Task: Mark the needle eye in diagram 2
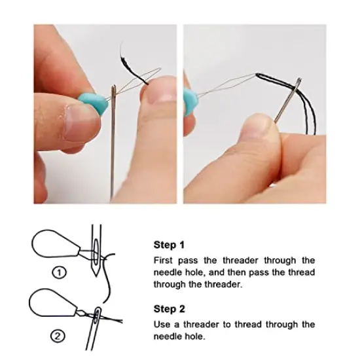click(x=98, y=316)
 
